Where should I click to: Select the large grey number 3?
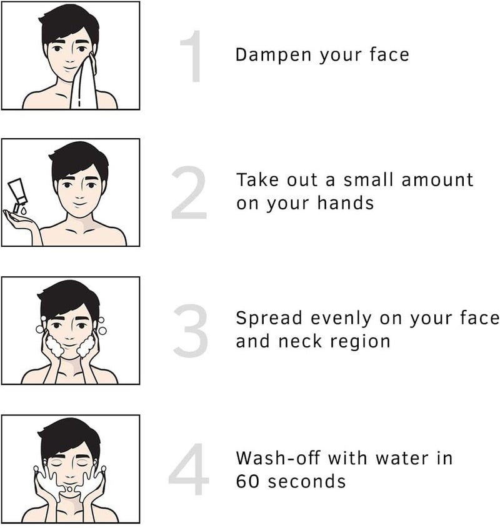point(191,332)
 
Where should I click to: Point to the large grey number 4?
point(189,470)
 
